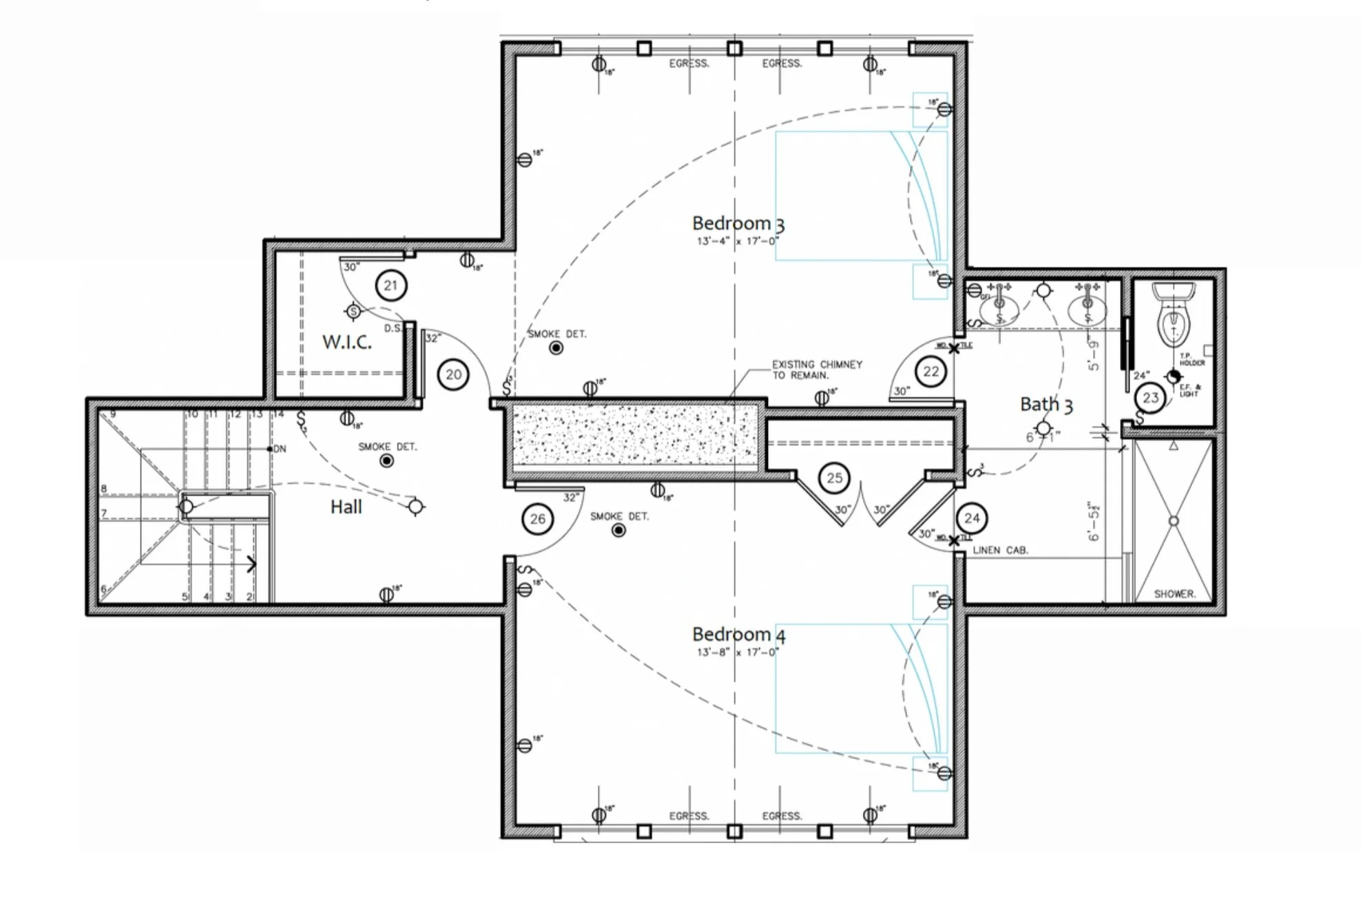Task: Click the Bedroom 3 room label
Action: pos(738,224)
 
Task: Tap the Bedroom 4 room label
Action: pos(738,635)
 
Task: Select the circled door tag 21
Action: pos(391,286)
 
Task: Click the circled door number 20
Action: pos(453,374)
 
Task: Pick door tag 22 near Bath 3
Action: pos(931,372)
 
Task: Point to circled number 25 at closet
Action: pos(834,478)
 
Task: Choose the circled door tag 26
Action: pos(537,519)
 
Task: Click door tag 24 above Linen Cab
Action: pos(972,518)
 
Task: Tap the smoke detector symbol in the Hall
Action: pos(387,461)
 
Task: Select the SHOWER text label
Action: pos(1174,593)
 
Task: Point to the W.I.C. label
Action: pos(346,342)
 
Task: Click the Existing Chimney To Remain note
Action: pos(816,370)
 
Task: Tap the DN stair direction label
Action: pos(280,449)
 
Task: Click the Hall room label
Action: pos(346,507)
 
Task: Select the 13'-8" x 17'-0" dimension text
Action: pos(738,653)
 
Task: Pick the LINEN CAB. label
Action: pos(1000,551)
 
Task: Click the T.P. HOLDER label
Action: pos(1192,359)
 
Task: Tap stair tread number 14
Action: pos(278,414)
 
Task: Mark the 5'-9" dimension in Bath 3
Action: pos(1094,355)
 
